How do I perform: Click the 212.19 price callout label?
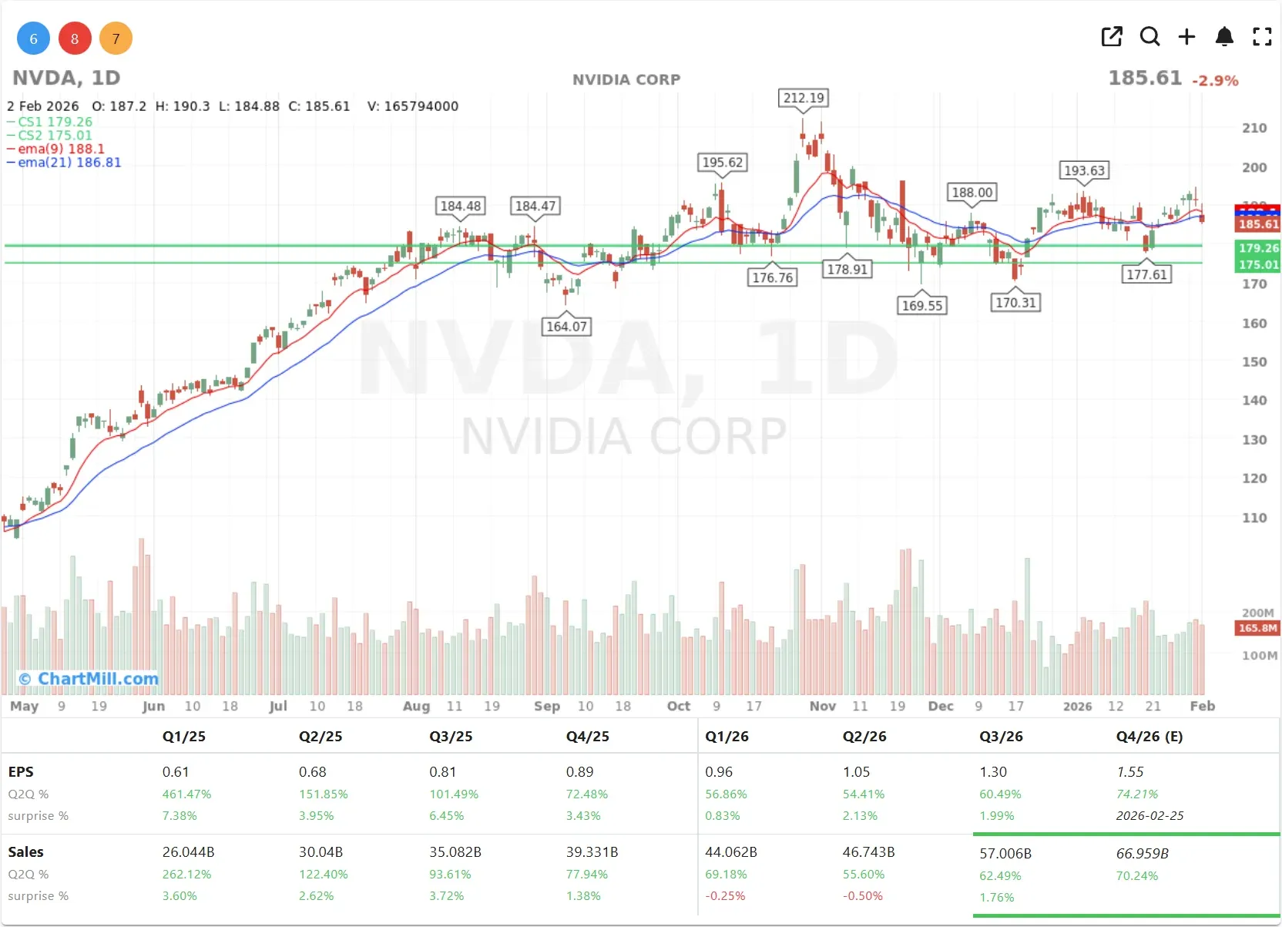pos(804,98)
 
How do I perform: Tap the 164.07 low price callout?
pos(566,326)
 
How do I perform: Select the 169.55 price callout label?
pos(922,305)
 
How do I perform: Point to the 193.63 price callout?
pos(1084,170)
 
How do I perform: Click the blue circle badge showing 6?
pos(33,39)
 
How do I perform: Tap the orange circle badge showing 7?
pos(116,39)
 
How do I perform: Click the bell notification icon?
pos(1224,36)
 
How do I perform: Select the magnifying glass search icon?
pos(1149,36)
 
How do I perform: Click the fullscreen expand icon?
pos(1262,36)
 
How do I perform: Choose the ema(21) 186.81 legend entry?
pos(69,163)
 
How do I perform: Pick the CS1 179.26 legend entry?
pos(55,122)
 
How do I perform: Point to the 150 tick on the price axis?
pos(1253,361)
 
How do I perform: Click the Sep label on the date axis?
pos(547,706)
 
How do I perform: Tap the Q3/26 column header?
pos(1001,736)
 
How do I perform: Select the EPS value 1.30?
pos(993,771)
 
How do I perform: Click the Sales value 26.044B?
pos(188,851)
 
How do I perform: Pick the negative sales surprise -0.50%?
pos(862,895)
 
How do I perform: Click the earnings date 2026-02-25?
pos(1149,815)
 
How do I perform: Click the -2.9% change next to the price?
pos(1215,80)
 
